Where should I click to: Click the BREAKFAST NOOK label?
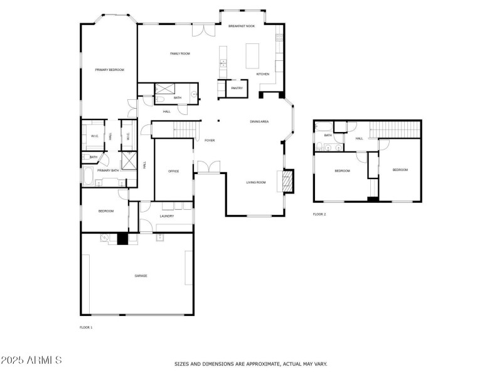(x=242, y=26)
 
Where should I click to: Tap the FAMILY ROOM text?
(x=180, y=53)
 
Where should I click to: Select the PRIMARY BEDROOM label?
(x=110, y=70)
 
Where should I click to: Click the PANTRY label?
(x=237, y=88)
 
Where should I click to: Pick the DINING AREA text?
(x=259, y=121)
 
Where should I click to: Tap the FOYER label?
(x=210, y=140)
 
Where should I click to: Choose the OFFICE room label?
(x=174, y=171)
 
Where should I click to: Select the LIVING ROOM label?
(x=255, y=182)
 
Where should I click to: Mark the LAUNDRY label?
(x=166, y=216)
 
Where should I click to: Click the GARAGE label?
(x=141, y=275)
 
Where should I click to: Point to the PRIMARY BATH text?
(x=108, y=170)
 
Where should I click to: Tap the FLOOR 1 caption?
(x=86, y=327)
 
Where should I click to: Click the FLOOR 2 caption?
(x=319, y=214)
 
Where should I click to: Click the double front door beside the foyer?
(x=208, y=166)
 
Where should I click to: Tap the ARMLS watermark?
(x=31, y=361)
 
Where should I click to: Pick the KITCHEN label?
(x=263, y=74)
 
